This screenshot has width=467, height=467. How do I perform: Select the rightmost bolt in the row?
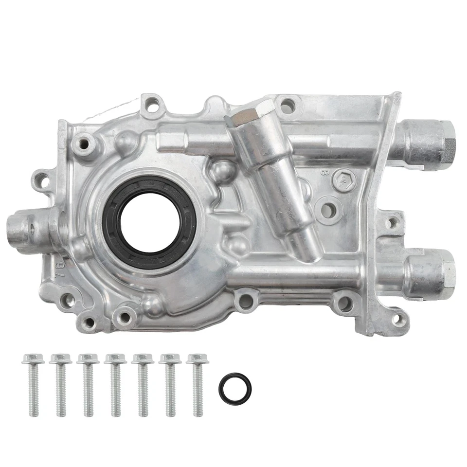click(197, 384)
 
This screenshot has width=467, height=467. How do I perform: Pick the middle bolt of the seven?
click(115, 384)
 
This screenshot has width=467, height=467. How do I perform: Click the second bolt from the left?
click(60, 384)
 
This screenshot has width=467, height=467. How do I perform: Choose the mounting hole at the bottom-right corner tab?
click(398, 320)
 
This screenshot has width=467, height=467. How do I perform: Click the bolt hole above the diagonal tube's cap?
click(287, 104)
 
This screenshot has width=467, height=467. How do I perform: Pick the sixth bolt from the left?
click(170, 384)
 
